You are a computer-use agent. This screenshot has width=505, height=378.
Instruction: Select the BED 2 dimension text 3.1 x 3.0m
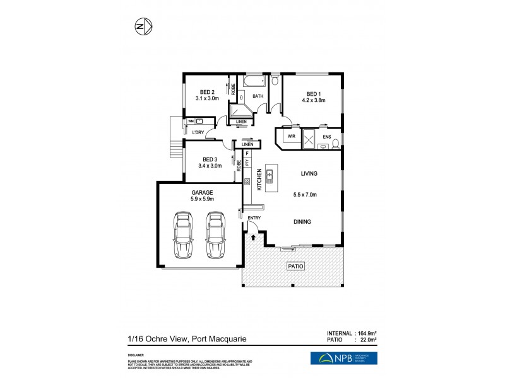click(x=207, y=98)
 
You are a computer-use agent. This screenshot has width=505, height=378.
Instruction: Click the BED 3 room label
click(x=210, y=159)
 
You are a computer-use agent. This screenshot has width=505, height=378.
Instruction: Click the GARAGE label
click(x=203, y=192)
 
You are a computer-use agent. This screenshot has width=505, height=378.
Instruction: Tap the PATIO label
click(x=296, y=266)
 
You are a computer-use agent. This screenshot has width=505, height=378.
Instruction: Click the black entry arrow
click(x=254, y=238)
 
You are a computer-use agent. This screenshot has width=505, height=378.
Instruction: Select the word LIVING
click(x=309, y=173)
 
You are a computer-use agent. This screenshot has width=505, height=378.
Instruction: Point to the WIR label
click(x=292, y=136)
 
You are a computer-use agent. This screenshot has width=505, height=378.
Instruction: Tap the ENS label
click(x=326, y=136)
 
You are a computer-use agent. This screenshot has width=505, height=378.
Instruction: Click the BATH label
click(x=258, y=96)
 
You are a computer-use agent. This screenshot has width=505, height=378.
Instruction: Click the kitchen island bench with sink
click(x=270, y=178)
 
